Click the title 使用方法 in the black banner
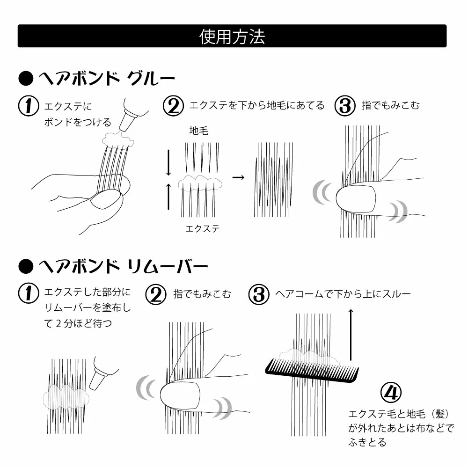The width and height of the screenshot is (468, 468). click(232, 37)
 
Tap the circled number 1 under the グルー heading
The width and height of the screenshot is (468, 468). click(29, 106)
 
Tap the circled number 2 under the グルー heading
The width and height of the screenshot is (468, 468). click(174, 106)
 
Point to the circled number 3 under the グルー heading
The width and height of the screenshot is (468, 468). click(345, 106)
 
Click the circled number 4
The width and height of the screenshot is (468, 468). click(391, 393)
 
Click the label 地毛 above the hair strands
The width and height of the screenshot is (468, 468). click(199, 131)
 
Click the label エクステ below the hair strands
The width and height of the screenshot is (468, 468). click(202, 229)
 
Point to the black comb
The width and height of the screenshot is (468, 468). click(312, 371)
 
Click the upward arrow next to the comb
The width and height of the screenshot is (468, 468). click(351, 335)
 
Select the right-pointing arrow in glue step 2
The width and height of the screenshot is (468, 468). click(238, 177)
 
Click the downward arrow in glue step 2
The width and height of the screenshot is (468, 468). click(168, 162)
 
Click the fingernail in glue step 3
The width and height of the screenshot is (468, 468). click(356, 199)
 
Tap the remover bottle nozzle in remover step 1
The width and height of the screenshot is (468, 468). click(98, 378)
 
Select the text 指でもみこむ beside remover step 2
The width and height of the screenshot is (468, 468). click(202, 294)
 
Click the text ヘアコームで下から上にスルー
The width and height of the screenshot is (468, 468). click(343, 294)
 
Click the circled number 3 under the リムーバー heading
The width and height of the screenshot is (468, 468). click(259, 294)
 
